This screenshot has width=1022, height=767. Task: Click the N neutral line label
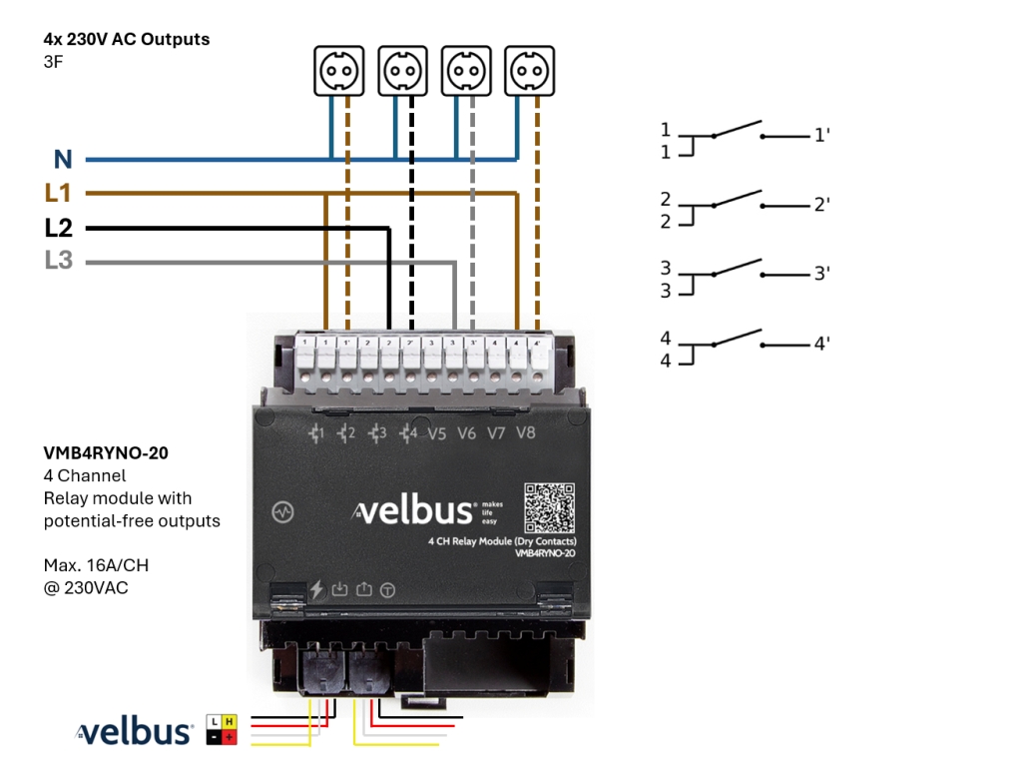point(63,159)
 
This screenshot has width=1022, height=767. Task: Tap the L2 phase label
point(59,228)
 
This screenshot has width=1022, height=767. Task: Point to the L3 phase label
point(59,261)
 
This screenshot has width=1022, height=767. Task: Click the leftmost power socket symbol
point(338,71)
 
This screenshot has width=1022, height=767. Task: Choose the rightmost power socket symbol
point(529,71)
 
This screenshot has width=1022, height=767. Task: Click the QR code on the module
point(550,507)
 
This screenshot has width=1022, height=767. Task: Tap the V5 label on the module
point(437,433)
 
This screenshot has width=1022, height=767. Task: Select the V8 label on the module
point(526,433)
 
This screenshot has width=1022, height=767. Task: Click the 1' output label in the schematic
point(822,135)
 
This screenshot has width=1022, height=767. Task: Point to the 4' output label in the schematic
point(822,344)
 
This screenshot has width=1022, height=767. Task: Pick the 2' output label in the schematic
point(822,205)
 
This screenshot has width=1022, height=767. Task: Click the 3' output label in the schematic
point(822,273)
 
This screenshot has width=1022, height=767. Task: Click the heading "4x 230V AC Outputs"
point(127,40)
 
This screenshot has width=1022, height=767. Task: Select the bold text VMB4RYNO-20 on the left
point(106,452)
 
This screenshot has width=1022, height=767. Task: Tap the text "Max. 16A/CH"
point(96,566)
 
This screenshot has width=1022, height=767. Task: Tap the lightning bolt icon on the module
point(317,589)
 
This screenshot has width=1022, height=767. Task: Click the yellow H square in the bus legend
point(230,721)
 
